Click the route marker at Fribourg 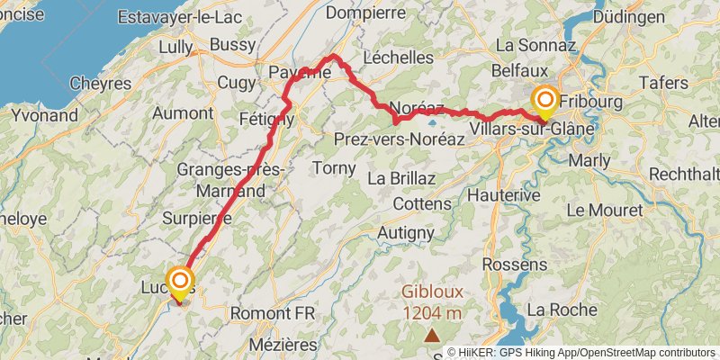coord(545,99)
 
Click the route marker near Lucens coord(179,280)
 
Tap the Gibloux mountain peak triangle coord(433,334)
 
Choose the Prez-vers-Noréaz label coord(399,139)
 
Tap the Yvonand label coord(46,116)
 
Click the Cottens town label coord(421,204)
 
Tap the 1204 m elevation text coord(432,312)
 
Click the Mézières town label coord(284,344)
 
